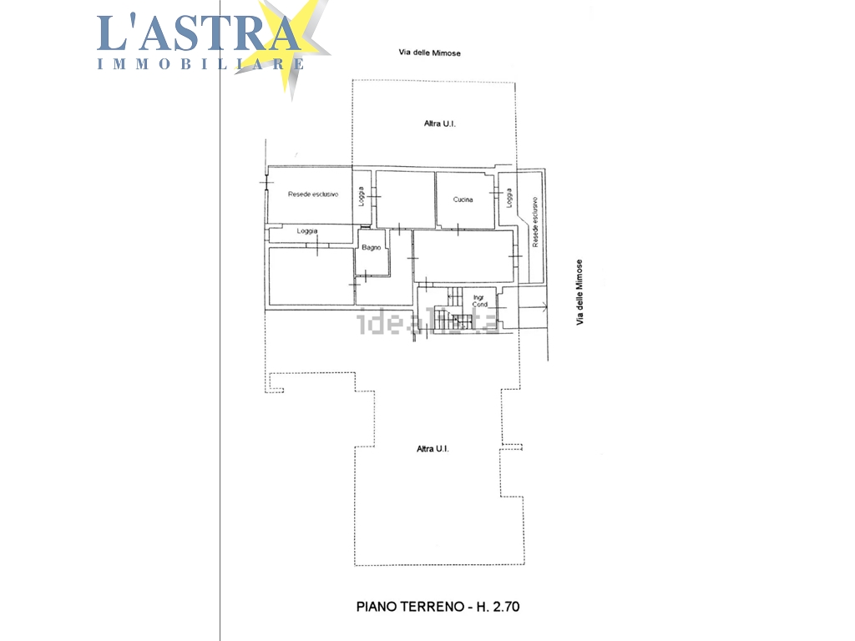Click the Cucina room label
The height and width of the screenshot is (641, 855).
coord(463,199)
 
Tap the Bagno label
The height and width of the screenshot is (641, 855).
coord(372,247)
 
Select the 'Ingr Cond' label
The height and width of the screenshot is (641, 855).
coord(479,300)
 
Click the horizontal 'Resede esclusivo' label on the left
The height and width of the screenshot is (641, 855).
coord(312,194)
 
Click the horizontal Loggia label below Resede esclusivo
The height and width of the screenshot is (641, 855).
coord(306,231)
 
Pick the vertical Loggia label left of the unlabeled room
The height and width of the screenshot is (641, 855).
coord(361,197)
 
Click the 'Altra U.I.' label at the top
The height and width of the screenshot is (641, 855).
coord(439,124)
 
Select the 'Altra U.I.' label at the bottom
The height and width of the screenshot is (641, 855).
coord(433,449)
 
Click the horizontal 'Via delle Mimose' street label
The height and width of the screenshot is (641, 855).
coord(429,53)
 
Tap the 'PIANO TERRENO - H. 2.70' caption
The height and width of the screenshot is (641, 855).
coord(438,607)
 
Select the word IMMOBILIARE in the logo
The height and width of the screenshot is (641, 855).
coord(200,63)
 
